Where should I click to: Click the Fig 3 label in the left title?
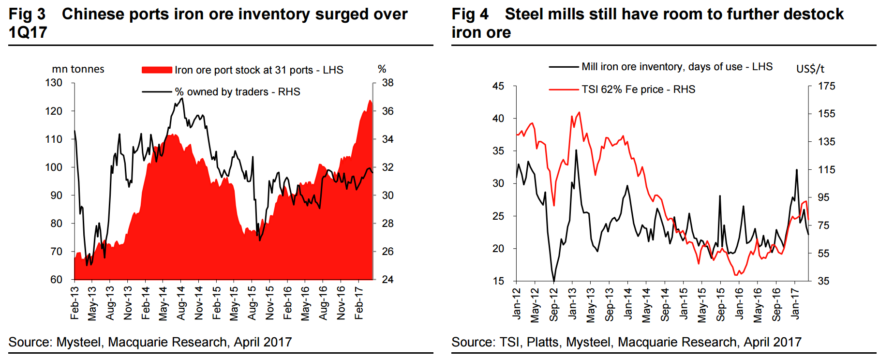(x=27, y=14)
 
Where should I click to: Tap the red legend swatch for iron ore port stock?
(x=156, y=70)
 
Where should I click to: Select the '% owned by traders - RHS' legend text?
(x=237, y=91)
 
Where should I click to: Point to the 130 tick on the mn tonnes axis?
(x=54, y=83)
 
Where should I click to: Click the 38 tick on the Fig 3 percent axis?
(x=387, y=83)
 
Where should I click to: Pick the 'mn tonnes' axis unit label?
(x=78, y=69)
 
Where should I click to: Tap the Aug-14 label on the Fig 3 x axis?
(x=181, y=303)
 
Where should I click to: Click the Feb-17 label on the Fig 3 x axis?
(x=358, y=303)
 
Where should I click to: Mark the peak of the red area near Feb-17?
(x=370, y=101)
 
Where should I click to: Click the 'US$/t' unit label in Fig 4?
(x=810, y=69)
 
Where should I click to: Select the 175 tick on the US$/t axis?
(x=826, y=86)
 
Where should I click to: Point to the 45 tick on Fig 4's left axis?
(x=498, y=86)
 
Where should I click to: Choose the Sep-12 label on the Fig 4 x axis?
(x=554, y=305)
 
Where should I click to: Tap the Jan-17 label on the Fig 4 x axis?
(x=795, y=303)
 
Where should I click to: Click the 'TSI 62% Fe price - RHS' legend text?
(x=638, y=89)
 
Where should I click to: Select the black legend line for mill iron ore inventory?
(x=564, y=67)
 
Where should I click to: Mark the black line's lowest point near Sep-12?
(x=553, y=281)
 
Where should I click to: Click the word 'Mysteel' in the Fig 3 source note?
(x=79, y=342)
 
